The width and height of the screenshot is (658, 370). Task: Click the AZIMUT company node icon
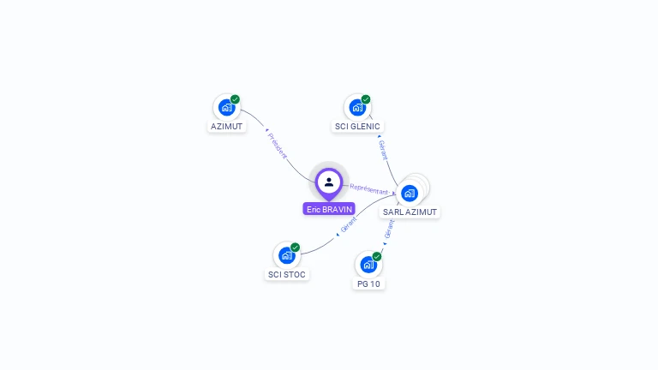[226, 108]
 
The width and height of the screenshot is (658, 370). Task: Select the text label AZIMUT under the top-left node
[226, 126]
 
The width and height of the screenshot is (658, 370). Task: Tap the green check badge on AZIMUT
[235, 99]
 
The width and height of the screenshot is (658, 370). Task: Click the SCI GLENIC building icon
[357, 108]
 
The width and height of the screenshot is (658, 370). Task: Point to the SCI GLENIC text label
[356, 126]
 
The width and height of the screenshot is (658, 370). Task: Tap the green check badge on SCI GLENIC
[366, 99]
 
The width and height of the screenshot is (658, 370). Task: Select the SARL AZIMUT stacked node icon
[410, 193]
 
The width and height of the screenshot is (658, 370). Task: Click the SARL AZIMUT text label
[410, 212]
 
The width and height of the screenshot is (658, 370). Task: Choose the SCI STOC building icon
[286, 255]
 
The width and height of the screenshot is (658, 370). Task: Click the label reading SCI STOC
[286, 274]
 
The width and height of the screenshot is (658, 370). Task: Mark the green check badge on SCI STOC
[296, 248]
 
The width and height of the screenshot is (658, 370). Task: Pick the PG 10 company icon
[368, 265]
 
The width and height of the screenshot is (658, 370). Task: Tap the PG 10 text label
[368, 283]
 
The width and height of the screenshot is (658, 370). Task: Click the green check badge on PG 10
[377, 256]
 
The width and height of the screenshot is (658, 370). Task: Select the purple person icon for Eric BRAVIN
[329, 182]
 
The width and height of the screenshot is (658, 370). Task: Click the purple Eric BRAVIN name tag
[329, 209]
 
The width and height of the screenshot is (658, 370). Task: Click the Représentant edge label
[368, 189]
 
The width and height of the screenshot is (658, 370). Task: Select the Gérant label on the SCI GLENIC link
[383, 150]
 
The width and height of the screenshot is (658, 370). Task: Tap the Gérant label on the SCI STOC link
[349, 225]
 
